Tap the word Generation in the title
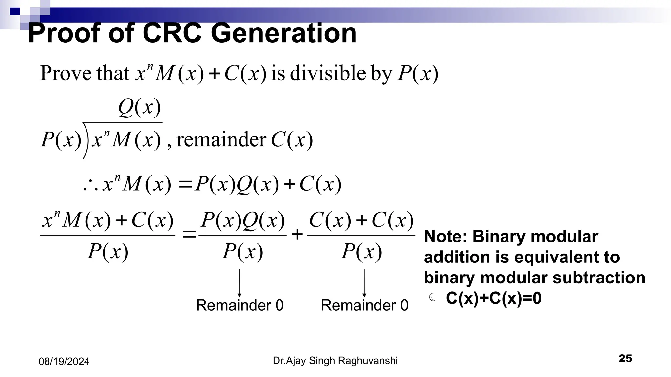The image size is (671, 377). coord(283,33)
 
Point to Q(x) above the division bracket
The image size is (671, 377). coord(139,107)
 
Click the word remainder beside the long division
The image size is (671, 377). coord(221,140)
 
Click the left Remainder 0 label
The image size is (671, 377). coord(240,305)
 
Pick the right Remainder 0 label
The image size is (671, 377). coord(364,305)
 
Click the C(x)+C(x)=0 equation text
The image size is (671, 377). coord(493,298)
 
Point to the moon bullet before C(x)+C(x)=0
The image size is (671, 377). coord(432,297)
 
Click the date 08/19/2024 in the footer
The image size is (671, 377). coord(64,362)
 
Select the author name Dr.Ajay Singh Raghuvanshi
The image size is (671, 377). coord(335,361)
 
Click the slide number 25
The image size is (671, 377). coord(625,358)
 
